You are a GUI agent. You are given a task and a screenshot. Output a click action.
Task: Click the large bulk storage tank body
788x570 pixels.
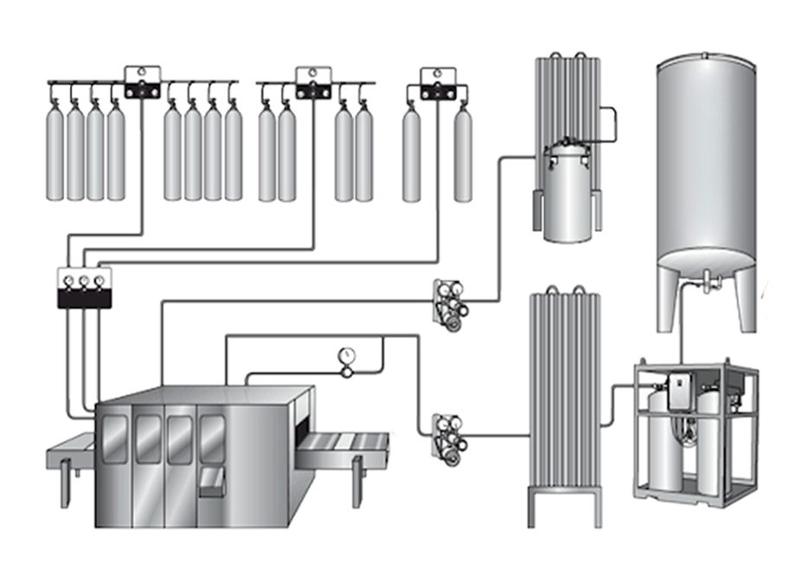(708, 156)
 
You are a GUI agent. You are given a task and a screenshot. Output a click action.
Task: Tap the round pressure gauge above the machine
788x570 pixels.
(348, 356)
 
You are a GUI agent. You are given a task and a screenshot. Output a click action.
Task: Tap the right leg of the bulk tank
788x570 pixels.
(746, 298)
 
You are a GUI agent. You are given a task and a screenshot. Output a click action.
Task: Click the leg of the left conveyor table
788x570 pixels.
(65, 490)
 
